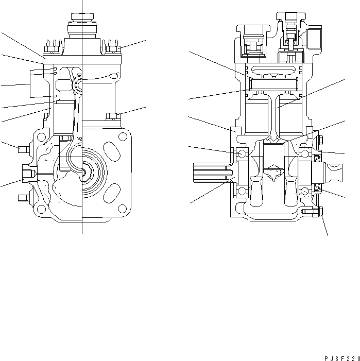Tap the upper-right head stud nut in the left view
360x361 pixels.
click(x=114, y=49)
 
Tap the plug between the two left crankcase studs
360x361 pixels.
click(x=26, y=173)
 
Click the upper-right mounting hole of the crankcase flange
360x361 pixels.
click(x=123, y=137)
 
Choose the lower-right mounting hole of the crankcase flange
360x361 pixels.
click(x=123, y=209)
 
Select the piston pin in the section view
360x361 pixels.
click(x=274, y=83)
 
